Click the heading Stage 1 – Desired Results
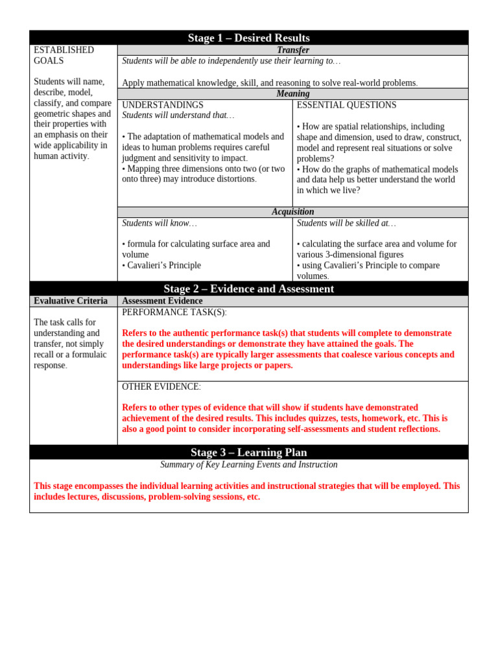(249, 38)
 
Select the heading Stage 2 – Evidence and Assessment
(249, 289)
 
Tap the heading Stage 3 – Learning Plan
(249, 452)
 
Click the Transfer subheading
(293, 50)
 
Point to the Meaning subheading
(293, 93)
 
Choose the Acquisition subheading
(293, 212)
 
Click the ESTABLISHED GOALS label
(64, 55)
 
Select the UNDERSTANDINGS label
(163, 105)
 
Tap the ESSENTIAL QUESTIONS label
(346, 105)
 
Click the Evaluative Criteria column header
(71, 301)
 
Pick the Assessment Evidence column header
(162, 301)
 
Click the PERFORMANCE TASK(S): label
(174, 312)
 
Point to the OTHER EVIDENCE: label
(161, 386)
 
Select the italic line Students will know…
(160, 223)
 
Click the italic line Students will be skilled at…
(346, 223)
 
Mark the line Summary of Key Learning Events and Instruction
(249, 464)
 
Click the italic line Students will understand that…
(178, 115)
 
